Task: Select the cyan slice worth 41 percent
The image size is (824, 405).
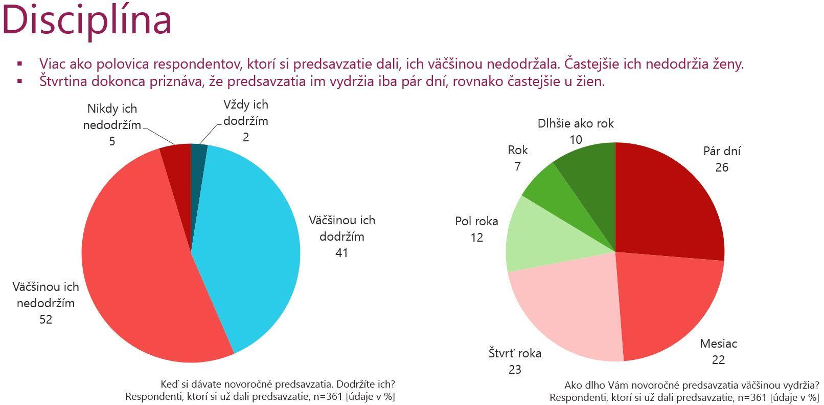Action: (x=245, y=241)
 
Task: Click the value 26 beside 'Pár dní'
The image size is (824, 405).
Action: (x=722, y=167)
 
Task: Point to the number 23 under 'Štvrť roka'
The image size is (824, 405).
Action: (x=515, y=370)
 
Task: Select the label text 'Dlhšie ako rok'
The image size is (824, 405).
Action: (x=576, y=123)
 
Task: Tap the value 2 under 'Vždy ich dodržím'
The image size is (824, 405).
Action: (x=246, y=137)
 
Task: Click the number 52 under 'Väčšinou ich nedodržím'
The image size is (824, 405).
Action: (x=46, y=319)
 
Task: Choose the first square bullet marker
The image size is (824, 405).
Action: (x=20, y=64)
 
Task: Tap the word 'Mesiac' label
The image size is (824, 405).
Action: (x=718, y=344)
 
